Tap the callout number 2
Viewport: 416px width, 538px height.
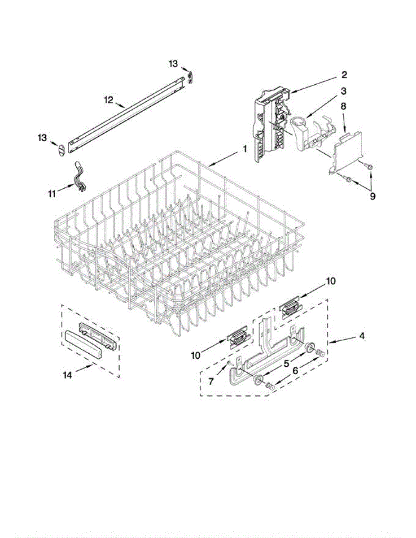point(344,74)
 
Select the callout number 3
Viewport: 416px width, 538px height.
point(343,91)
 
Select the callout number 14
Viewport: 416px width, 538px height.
point(67,375)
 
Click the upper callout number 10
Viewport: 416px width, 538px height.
point(331,282)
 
